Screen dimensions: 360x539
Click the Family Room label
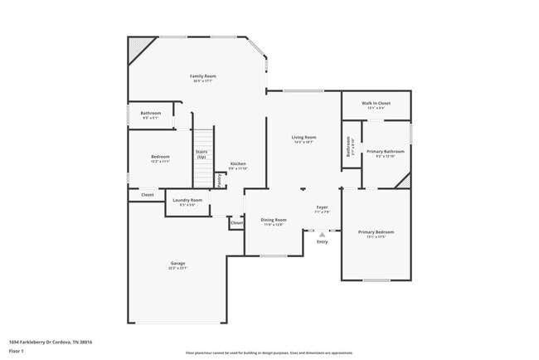[x=203, y=76]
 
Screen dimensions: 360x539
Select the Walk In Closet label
[x=375, y=104]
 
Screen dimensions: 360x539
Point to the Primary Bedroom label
[x=376, y=232]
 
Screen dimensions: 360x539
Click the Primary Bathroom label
[x=386, y=152]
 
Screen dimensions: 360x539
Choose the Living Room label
[x=303, y=138]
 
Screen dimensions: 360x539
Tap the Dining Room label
[x=274, y=220]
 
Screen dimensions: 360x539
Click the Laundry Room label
[x=187, y=201]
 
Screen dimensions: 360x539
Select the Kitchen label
[x=238, y=164]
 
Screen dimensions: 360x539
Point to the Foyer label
[x=323, y=207]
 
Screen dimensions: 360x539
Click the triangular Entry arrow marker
[x=322, y=235]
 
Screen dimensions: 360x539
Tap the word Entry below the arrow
[x=322, y=242]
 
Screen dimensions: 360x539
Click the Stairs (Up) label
[x=202, y=154]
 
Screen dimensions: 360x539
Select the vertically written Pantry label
[x=219, y=180]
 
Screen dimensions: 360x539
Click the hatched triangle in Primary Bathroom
[x=403, y=181]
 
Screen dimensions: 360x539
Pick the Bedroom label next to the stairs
[x=160, y=158]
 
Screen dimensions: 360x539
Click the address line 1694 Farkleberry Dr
[x=50, y=342]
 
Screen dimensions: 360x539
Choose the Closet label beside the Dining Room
[x=236, y=223]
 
